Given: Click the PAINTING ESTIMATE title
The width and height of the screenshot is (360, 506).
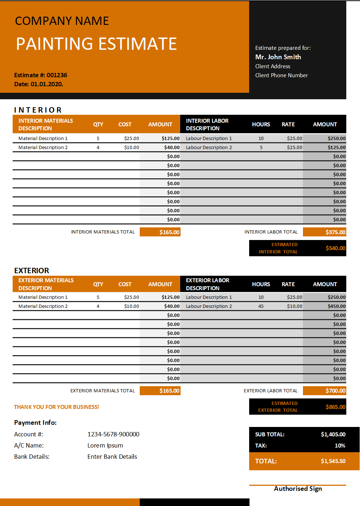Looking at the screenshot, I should coord(96,44).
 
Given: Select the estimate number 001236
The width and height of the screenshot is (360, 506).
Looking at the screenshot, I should coord(57,75).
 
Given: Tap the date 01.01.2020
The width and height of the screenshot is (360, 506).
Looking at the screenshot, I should coord(47,84).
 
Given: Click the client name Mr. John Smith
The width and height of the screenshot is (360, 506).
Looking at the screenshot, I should coord(278,57).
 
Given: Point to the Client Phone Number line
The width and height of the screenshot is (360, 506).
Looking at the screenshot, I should coord(281,75).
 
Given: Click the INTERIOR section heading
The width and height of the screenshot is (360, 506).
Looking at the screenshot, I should coord(38,110).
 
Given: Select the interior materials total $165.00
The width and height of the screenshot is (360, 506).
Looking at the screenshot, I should coord(169,232).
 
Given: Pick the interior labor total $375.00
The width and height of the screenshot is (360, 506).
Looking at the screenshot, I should coord(335,232).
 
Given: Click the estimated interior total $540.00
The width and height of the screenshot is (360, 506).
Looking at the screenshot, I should coord(335,248).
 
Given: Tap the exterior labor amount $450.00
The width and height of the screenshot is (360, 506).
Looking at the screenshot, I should coord(337,306).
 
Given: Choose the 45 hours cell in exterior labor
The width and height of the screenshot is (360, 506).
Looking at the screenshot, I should coord(261,306).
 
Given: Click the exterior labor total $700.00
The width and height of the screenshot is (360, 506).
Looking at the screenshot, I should coord(335,391).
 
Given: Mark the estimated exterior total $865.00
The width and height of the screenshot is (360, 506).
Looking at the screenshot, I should coord(335,407).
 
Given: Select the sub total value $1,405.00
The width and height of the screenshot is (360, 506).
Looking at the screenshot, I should coord(333,434).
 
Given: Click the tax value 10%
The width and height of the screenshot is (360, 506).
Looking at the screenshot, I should coord(340,445).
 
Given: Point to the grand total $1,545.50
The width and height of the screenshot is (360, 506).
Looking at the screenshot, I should coord(333,461).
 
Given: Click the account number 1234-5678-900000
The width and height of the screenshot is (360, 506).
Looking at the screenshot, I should coord(113,434).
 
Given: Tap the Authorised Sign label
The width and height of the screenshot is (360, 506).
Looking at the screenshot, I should coord(298,489).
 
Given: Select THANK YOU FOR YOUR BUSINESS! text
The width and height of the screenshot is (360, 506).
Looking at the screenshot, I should coord(56,407).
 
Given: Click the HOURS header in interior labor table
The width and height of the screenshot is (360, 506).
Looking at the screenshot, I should coord(261,124).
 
